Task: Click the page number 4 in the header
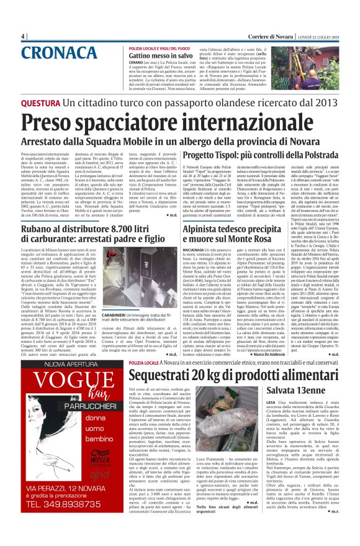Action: point(22,36)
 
